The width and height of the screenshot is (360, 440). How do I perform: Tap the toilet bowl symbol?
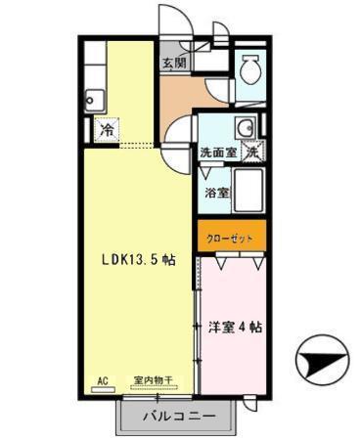click(x=251, y=69)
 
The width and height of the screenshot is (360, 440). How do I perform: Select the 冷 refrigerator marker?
click(x=105, y=127)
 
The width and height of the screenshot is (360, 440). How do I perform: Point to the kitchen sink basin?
click(x=95, y=98)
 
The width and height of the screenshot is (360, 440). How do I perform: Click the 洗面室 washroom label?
click(x=216, y=153)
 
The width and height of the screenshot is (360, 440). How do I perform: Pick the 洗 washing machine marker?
click(x=251, y=152)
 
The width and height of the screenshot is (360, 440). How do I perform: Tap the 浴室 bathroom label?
click(x=216, y=193)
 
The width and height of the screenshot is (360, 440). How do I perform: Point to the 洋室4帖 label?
click(x=235, y=328)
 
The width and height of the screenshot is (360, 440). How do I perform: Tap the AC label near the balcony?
click(x=102, y=380)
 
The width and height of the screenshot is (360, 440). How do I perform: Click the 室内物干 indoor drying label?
click(x=153, y=380)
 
